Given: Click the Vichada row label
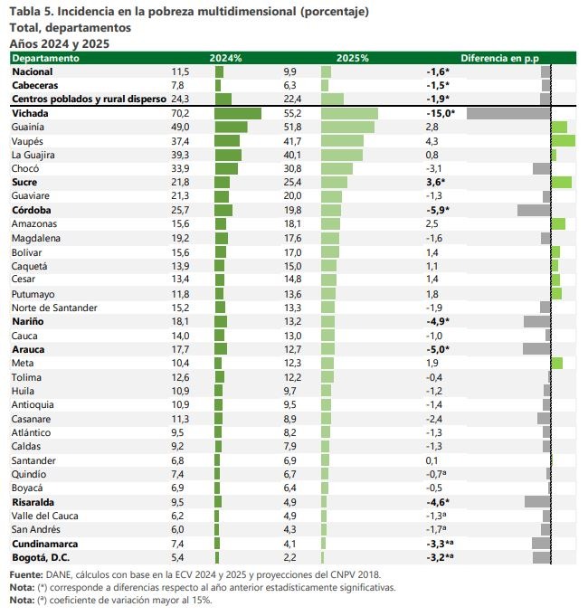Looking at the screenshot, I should click(30, 114).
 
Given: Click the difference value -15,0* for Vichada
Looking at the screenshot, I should click(440, 114).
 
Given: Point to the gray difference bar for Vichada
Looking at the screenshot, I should click(508, 114).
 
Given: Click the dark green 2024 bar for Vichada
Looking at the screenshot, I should click(237, 114).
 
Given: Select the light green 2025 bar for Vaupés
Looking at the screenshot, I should click(343, 141).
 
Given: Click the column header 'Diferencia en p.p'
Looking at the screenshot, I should click(498, 58).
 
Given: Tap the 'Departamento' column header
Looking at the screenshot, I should click(45, 58).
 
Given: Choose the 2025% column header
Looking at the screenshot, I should click(352, 58).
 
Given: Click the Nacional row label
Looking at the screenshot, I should click(33, 71).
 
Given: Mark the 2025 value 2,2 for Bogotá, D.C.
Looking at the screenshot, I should click(289, 557).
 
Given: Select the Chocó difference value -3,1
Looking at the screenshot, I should click(434, 168).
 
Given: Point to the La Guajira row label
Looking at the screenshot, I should click(33, 155).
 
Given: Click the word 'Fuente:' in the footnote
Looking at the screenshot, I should click(25, 574).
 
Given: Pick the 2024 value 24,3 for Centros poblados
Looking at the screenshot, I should click(180, 99).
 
